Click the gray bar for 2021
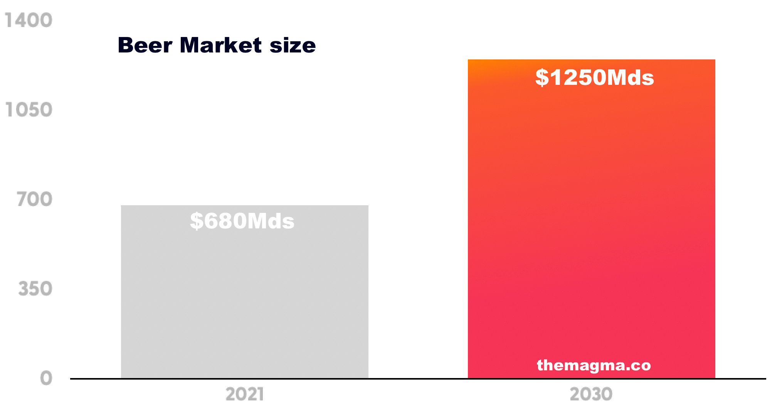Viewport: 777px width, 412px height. click(x=244, y=301)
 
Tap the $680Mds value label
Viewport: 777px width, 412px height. click(x=242, y=221)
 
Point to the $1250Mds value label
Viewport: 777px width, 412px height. click(x=594, y=78)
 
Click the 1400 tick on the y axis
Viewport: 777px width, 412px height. click(x=29, y=20)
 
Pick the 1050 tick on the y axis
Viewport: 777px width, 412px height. click(x=29, y=110)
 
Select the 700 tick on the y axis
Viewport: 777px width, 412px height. click(x=35, y=199)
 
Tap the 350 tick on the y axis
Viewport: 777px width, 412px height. click(x=35, y=289)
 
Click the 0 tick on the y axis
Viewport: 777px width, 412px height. click(x=46, y=378)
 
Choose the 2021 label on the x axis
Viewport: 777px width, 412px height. click(x=244, y=395)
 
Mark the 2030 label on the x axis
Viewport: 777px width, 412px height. click(x=591, y=395)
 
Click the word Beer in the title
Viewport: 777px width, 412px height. click(x=145, y=45)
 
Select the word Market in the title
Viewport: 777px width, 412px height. click(x=220, y=45)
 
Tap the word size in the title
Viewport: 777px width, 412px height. click(x=293, y=46)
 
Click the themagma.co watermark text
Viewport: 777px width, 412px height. click(x=594, y=365)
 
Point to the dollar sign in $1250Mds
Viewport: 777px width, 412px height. click(x=542, y=78)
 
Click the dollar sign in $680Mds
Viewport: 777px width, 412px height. click(x=197, y=221)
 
